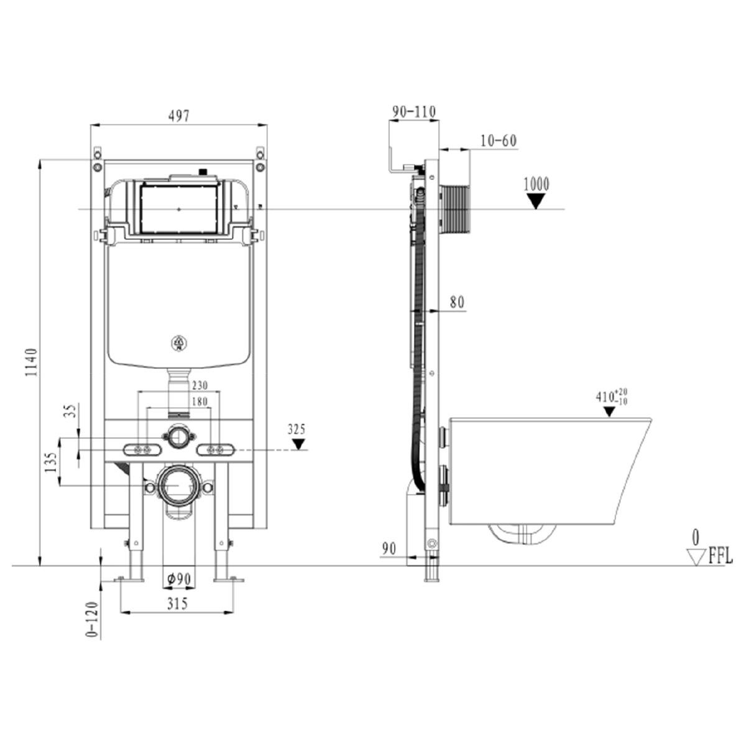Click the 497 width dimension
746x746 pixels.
coord(178,116)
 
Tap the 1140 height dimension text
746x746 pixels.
coord(31,362)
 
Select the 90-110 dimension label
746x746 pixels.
coord(414,112)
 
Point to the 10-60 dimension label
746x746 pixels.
coord(499,141)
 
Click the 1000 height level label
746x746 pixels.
coord(536,184)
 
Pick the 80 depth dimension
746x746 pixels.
coord(457,302)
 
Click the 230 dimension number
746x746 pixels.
coord(200,385)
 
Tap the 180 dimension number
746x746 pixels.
coord(200,402)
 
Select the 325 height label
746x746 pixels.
coord(297,429)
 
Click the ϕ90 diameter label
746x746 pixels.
coord(179,579)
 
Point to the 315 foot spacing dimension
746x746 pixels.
coord(178,604)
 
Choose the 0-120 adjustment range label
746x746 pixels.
coord(93,620)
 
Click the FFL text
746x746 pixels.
coord(721,557)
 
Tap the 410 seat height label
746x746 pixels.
coord(612,398)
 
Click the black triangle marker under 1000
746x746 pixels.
coord(536,201)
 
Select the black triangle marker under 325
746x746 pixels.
coord(298,444)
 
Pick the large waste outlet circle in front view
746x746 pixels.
coord(178,485)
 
